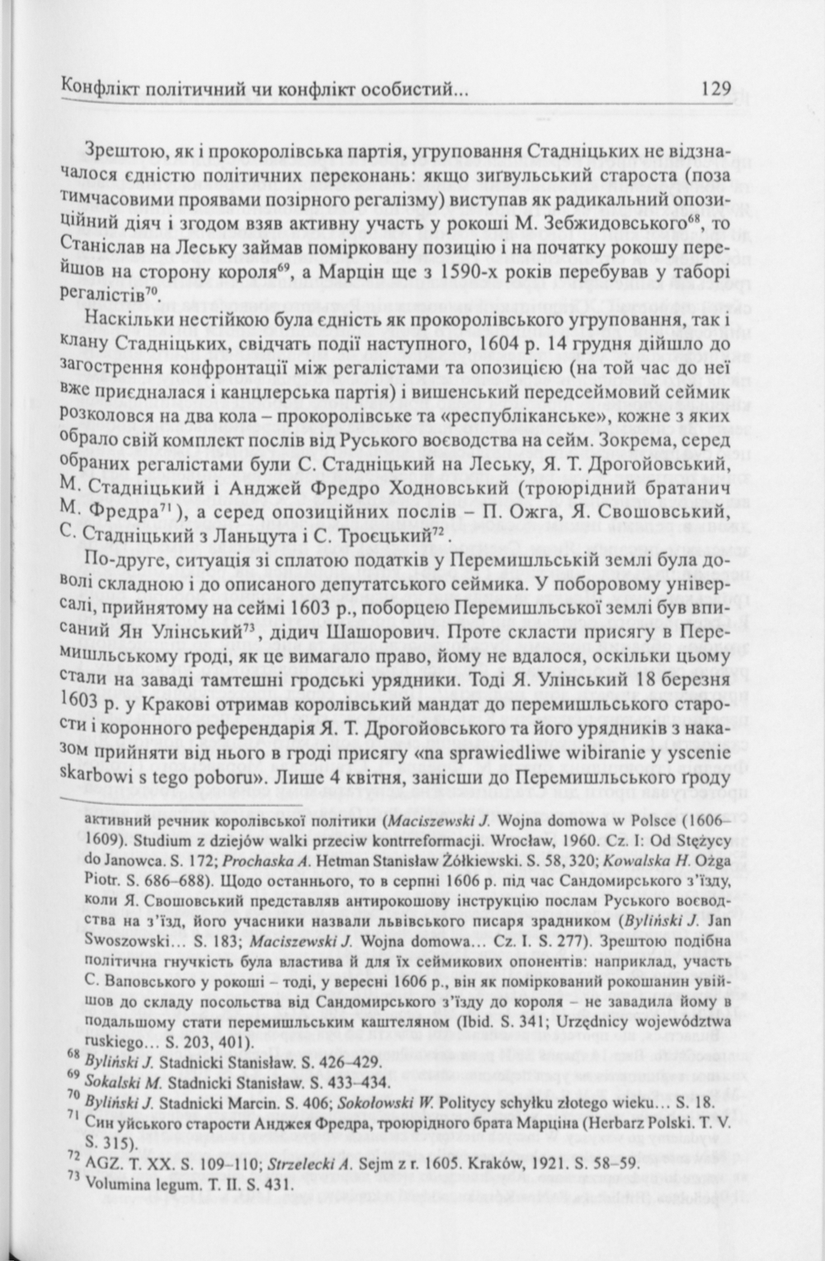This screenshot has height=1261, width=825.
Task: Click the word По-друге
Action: pyautogui.click(x=120, y=560)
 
